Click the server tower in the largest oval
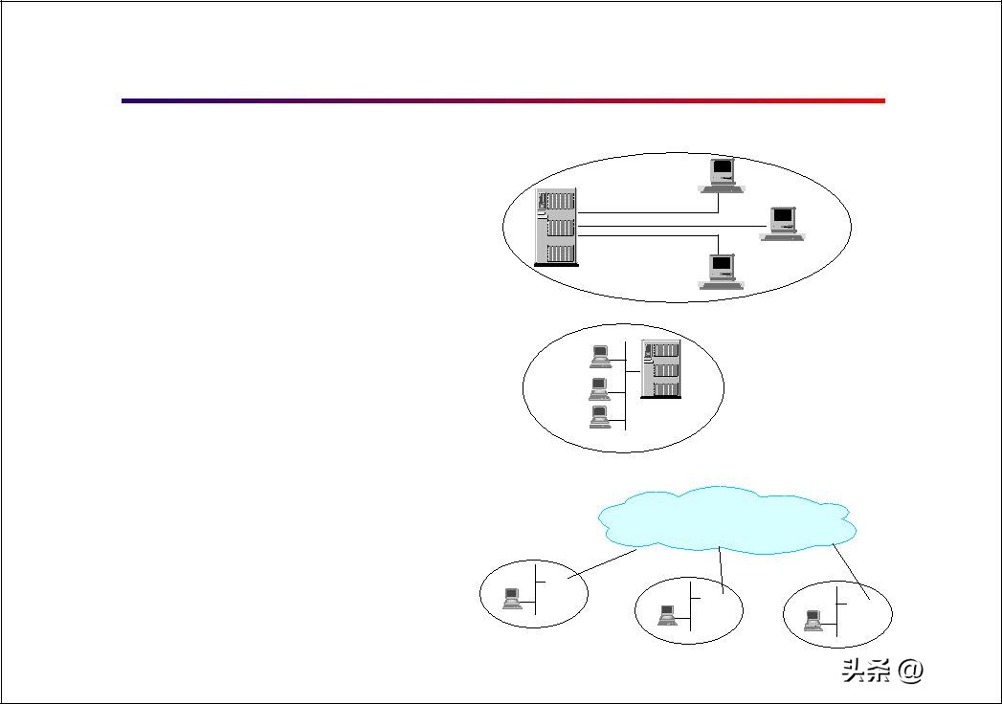point(558,227)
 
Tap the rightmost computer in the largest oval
point(783,223)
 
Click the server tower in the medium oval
point(660,368)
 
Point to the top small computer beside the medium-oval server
point(600,356)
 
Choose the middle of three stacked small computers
point(600,388)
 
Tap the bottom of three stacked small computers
point(600,418)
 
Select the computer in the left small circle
point(512,599)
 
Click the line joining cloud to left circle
point(603,563)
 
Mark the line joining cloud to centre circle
point(721,566)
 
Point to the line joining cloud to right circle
point(851,571)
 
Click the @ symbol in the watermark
point(911,671)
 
